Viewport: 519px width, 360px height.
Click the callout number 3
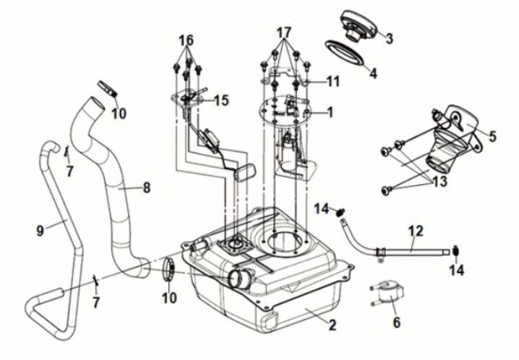click(389, 38)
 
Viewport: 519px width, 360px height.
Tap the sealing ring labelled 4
click(344, 53)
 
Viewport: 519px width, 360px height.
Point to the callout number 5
click(493, 137)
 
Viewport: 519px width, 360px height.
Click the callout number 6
click(397, 322)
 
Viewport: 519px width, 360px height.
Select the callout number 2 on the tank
click(333, 325)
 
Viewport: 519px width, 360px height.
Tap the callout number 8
click(146, 188)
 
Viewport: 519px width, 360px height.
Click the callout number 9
click(40, 231)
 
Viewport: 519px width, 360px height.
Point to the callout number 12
click(416, 231)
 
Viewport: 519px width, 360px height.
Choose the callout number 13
click(440, 181)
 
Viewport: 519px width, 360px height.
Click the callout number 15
click(221, 100)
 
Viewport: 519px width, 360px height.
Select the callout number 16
click(186, 40)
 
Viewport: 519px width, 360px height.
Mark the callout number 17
click(284, 33)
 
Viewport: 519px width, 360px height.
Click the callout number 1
click(330, 112)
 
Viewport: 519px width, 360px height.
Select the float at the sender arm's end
click(246, 172)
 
